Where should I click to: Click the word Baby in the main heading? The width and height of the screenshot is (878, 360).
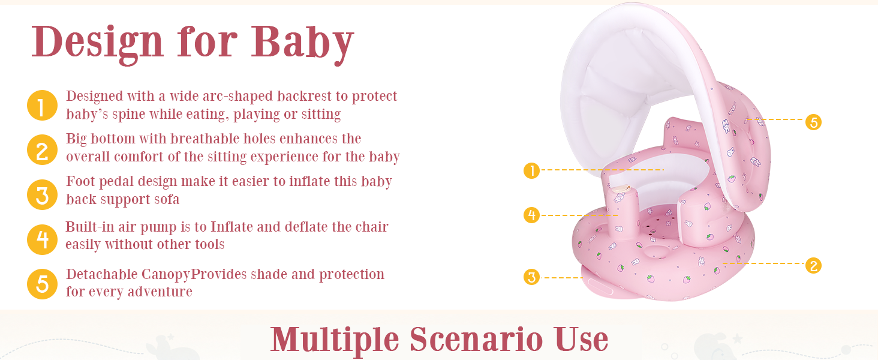coord(303,43)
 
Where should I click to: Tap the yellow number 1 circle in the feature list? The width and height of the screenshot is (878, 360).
coord(43,105)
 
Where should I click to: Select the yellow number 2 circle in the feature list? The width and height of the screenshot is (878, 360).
coord(43,150)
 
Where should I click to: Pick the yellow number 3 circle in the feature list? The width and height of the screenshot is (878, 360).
coord(43,194)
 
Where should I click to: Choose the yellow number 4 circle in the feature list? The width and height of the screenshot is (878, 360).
coord(43,239)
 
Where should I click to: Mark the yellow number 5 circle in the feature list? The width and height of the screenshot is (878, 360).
coord(43,284)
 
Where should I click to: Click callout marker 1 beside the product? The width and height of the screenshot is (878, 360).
coord(531,170)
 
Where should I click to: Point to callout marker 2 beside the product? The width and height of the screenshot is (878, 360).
coord(814,266)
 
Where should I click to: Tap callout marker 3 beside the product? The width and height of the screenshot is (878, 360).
coord(531,277)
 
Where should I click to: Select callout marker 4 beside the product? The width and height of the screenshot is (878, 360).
coord(531,215)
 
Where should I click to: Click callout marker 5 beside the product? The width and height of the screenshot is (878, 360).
coord(814,122)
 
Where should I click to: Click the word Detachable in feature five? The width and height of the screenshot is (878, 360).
coord(102,274)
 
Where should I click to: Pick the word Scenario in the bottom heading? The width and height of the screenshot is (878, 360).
coord(476,340)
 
